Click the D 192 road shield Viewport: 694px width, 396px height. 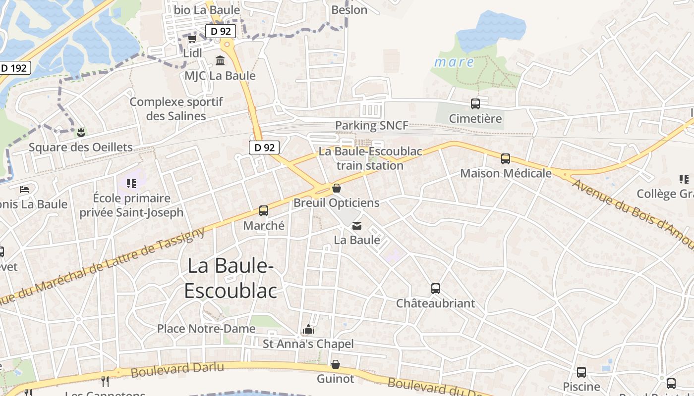[13, 68]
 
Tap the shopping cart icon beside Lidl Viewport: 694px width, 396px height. [192, 39]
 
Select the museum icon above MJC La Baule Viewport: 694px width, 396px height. [220, 61]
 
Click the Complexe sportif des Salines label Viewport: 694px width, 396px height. [176, 109]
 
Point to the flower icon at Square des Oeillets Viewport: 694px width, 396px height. [81, 132]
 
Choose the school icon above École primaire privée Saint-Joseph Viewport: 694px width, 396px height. [131, 184]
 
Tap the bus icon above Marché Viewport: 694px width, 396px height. [264, 211]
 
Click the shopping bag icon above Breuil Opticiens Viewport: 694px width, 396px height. [337, 188]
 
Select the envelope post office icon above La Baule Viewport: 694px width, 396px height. [357, 226]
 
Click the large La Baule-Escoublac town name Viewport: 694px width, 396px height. [231, 278]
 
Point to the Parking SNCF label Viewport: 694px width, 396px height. [372, 126]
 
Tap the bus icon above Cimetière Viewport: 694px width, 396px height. [475, 104]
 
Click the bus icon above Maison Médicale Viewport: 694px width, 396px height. [506, 159]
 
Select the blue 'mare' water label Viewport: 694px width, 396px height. [454, 62]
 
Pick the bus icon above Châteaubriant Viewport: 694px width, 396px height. [436, 289]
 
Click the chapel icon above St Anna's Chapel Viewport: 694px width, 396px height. [308, 329]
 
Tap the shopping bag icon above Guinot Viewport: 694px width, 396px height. [336, 365]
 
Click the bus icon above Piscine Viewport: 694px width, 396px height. [581, 372]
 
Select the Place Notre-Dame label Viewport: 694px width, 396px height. [206, 329]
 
